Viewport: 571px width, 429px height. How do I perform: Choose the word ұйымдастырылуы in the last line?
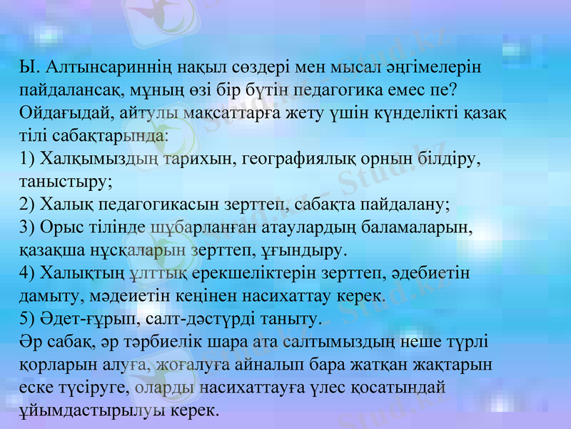tap(89, 410)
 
